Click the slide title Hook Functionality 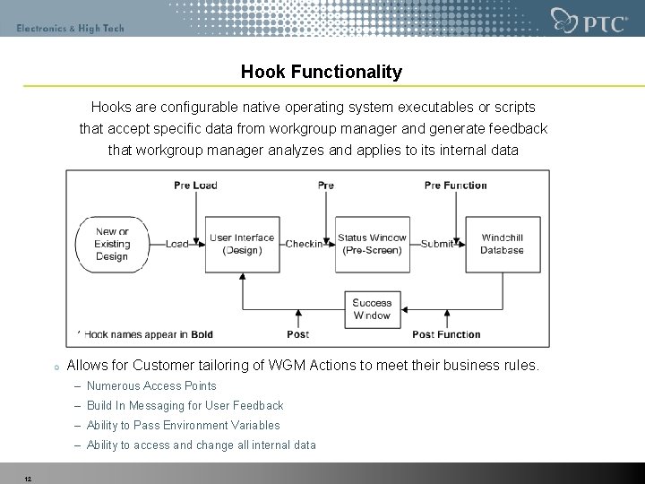(x=322, y=72)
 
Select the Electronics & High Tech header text (x=70, y=28)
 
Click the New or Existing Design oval (x=112, y=244)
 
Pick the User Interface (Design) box (x=242, y=244)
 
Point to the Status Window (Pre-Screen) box (x=372, y=244)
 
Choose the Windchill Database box (x=502, y=244)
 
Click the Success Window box (x=372, y=309)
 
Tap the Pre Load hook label (x=195, y=186)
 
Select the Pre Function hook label (x=455, y=186)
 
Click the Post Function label (x=446, y=334)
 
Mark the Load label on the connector (x=177, y=244)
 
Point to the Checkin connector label (x=305, y=244)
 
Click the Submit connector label (x=437, y=244)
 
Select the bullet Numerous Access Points (x=151, y=385)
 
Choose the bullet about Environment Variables (x=183, y=425)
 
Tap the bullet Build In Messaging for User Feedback (x=185, y=405)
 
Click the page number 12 (x=28, y=478)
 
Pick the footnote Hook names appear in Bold (x=149, y=334)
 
